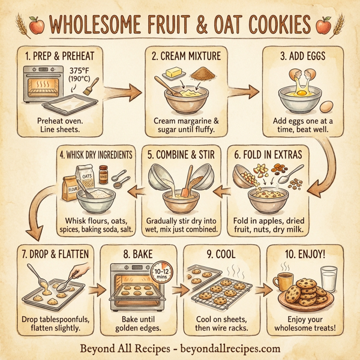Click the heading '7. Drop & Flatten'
pos(56,253)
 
